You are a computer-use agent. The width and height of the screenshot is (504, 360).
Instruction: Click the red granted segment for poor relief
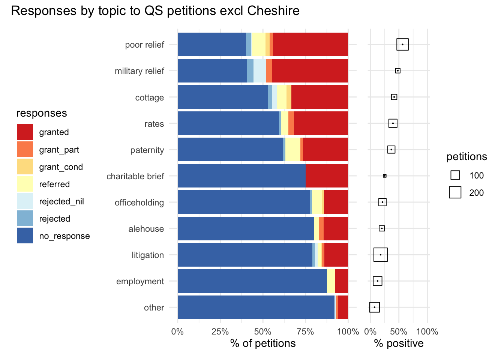click(x=310, y=45)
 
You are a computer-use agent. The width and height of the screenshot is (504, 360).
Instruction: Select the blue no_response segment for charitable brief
click(x=241, y=176)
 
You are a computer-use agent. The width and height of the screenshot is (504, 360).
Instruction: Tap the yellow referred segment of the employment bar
click(x=331, y=281)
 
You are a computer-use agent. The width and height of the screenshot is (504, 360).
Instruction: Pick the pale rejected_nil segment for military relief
click(x=260, y=71)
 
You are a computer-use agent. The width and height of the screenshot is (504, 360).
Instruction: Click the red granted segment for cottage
click(x=319, y=97)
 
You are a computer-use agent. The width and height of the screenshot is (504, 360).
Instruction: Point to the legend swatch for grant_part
click(x=25, y=149)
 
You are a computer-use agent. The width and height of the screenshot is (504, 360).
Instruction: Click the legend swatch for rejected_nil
click(x=25, y=201)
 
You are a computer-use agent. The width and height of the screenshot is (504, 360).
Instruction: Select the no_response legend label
click(x=64, y=236)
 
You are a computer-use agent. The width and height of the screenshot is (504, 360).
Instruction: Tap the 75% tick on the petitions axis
click(x=305, y=332)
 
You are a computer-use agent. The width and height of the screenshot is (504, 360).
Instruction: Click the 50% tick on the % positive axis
click(x=399, y=332)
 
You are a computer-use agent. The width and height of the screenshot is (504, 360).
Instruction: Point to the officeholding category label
click(x=139, y=202)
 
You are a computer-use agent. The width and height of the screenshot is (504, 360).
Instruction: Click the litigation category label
click(x=148, y=255)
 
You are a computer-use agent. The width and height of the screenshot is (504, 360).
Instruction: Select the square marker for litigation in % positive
click(x=381, y=255)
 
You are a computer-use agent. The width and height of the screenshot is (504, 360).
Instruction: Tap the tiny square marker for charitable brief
click(x=385, y=176)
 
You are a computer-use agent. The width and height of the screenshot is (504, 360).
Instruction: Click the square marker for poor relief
click(x=402, y=44)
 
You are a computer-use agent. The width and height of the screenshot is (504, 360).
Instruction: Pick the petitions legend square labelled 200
click(x=455, y=192)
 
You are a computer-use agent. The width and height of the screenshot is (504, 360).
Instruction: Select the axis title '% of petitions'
click(x=263, y=343)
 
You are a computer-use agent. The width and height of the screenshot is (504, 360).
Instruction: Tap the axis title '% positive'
click(x=399, y=343)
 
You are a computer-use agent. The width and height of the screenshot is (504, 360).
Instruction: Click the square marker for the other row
click(x=374, y=307)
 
